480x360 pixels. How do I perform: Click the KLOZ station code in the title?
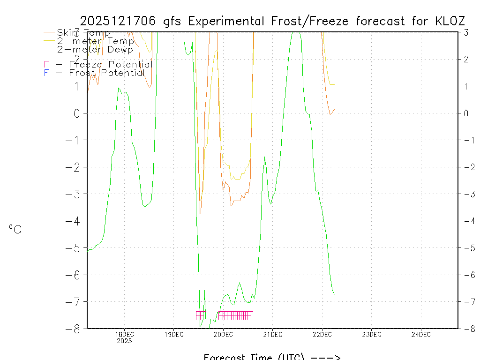tap(450, 21)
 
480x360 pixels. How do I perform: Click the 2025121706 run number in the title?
tap(120, 21)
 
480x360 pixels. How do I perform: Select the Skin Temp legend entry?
tap(83, 33)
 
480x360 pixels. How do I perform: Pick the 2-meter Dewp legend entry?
tap(95, 49)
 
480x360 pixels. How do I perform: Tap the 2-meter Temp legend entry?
tap(95, 41)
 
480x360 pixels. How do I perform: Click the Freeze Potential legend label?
tap(110, 64)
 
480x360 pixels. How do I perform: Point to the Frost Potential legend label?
tap(106, 73)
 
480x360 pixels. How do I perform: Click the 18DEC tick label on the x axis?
tap(124, 334)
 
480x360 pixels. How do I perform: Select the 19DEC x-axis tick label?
tap(174, 334)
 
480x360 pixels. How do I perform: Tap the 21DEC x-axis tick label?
tap(272, 334)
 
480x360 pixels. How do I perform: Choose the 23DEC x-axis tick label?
tap(371, 334)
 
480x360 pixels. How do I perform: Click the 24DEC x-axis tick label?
tap(421, 334)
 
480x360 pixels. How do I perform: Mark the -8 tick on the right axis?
tap(466, 328)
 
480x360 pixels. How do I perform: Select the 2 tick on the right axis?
tap(466, 59)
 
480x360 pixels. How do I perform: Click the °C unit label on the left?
tap(15, 229)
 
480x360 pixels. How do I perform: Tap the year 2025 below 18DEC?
tap(124, 341)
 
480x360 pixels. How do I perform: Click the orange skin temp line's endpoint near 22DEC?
tap(334, 109)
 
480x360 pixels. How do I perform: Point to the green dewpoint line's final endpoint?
tap(334, 294)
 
